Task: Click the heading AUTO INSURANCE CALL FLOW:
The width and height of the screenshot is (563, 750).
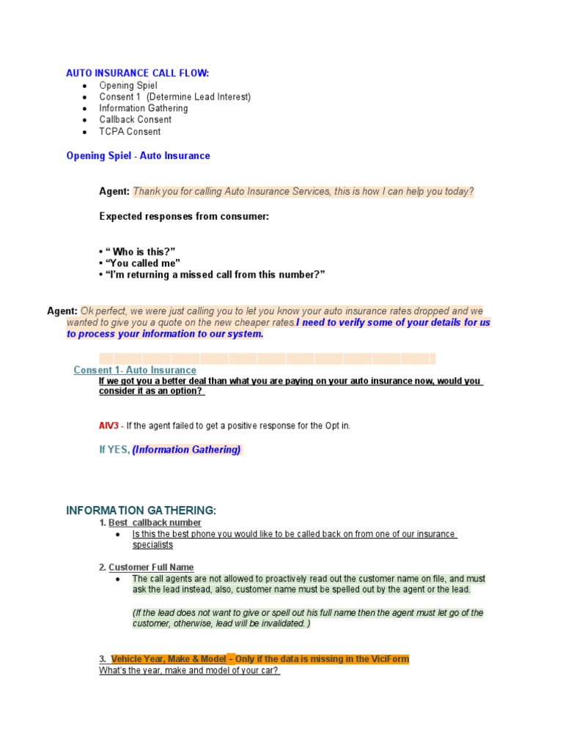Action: tap(137, 73)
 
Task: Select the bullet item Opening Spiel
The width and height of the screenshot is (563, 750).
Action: tap(128, 85)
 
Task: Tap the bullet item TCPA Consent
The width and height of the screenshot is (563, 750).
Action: tap(130, 132)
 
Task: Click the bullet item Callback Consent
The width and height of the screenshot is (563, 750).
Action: tap(136, 119)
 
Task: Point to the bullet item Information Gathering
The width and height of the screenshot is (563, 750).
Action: tap(144, 108)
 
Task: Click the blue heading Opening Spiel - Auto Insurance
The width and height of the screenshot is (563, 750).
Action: tap(138, 156)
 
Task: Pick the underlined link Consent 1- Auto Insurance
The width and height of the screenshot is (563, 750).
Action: tap(135, 371)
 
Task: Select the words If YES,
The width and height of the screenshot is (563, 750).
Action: tap(114, 450)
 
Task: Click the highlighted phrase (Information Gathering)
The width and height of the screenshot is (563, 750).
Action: tap(186, 450)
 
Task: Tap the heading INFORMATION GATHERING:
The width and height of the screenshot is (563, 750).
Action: tap(141, 510)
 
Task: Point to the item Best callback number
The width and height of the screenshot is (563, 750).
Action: tap(155, 523)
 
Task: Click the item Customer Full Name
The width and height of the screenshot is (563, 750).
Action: tap(151, 567)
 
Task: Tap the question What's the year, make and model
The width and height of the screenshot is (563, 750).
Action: tap(189, 671)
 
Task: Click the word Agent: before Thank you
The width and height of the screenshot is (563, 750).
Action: tap(114, 192)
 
